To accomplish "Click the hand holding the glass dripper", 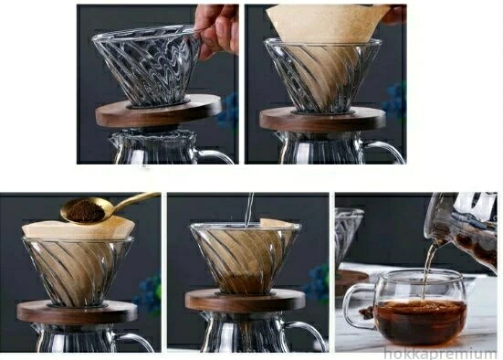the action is [x=218, y=29].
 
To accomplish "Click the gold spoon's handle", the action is [x=134, y=200].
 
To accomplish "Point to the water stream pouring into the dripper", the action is [x=249, y=209].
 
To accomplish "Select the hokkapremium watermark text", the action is [x=440, y=354].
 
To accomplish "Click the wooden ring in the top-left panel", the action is [x=159, y=111].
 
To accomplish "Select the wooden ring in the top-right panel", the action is [x=322, y=119].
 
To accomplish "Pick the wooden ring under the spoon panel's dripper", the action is [x=77, y=312].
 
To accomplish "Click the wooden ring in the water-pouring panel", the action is [x=245, y=300].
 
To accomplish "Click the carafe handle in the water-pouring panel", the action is [x=308, y=335].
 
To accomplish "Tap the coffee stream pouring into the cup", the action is [x=429, y=270].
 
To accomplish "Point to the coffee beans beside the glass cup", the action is [x=366, y=311].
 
